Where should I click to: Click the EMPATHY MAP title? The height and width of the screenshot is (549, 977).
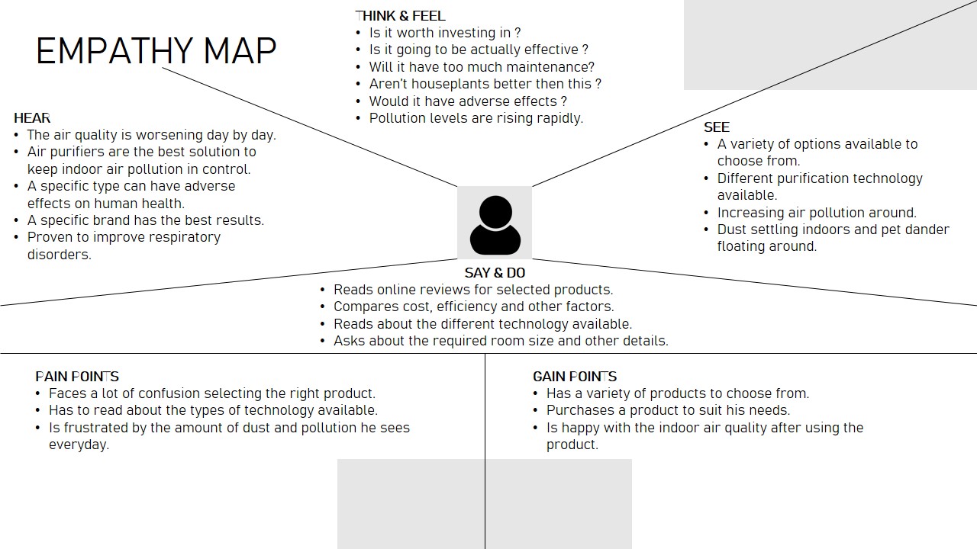point(156,51)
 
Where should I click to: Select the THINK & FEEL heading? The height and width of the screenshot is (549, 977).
point(400,16)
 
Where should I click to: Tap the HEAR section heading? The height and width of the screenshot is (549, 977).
point(32,118)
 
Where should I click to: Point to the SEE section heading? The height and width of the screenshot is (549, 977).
point(717,127)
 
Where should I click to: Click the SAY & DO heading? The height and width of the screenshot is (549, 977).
point(495,273)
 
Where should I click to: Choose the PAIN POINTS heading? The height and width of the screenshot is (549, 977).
point(77,377)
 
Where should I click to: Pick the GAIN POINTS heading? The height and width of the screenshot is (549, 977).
point(575,377)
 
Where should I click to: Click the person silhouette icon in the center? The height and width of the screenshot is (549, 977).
point(495,224)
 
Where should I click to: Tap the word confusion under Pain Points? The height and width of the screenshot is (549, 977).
point(198,393)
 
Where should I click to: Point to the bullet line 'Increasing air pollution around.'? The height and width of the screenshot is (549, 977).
point(817,213)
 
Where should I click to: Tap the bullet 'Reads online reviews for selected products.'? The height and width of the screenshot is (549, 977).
point(473,290)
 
